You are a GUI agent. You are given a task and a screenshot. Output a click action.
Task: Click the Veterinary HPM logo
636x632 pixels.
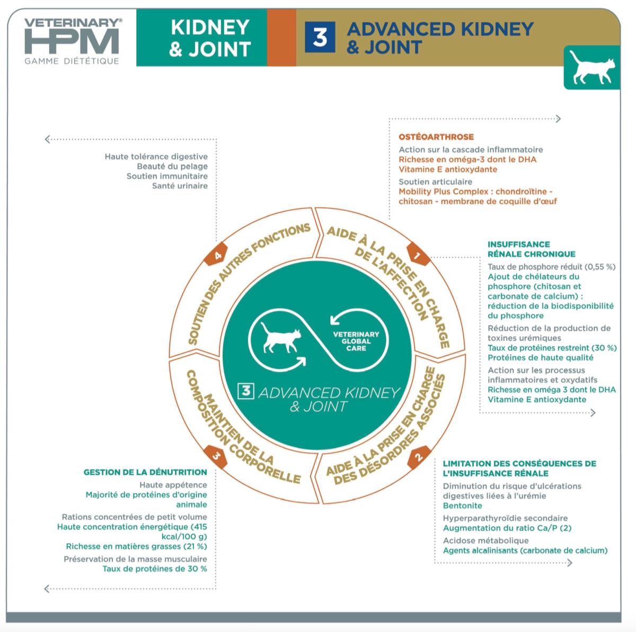coord(72,37)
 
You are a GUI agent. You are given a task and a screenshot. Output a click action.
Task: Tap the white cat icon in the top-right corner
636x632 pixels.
coord(592,67)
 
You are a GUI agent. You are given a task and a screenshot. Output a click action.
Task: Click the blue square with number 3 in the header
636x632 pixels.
coord(320,38)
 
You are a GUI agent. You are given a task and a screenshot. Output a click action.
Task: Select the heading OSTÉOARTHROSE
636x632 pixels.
coord(436,137)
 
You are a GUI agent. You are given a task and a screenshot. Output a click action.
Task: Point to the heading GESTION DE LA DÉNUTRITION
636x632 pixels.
coord(145,472)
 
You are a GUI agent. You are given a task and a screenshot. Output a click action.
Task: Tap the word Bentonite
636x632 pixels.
coord(462,505)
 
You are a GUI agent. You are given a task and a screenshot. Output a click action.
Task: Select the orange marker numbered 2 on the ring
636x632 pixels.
coord(418,457)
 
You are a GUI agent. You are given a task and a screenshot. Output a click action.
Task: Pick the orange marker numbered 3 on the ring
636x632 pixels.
coord(216,456)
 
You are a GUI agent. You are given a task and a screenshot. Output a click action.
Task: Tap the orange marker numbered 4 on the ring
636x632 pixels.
coord(217,255)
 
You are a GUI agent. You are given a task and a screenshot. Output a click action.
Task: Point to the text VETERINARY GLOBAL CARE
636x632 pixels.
coord(356,341)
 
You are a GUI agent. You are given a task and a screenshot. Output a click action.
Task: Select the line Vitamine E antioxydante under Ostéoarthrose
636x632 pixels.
coord(448,169)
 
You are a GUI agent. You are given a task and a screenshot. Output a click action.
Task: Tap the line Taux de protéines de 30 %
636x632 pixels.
coord(155,568)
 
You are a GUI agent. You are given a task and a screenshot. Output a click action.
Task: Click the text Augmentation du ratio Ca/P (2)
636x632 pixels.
coord(507,528)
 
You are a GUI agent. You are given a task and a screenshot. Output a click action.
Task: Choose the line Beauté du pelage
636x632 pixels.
coord(172,166)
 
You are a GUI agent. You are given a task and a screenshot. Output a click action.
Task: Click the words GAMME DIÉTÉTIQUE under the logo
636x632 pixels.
coord(72,61)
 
